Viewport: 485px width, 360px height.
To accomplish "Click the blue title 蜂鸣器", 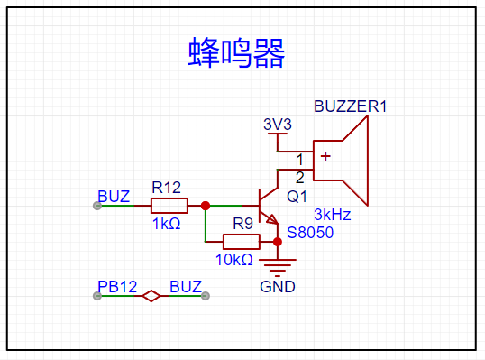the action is point(236,52).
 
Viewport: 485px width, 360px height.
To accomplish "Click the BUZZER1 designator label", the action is point(350,106).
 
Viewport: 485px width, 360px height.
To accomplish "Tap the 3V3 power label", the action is point(278,125).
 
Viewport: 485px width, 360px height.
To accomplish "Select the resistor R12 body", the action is point(169,206).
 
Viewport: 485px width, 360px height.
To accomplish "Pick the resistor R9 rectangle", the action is point(242,242).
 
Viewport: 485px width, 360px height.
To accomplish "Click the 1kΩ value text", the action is point(167,224).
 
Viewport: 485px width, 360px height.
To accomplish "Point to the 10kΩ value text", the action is point(234,260).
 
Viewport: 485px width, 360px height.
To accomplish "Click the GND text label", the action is point(278,287).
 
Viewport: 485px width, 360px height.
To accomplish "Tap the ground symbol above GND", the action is point(278,267).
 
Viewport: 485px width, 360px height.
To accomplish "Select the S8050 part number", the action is point(310,233).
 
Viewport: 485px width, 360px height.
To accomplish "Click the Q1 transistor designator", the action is point(297,197).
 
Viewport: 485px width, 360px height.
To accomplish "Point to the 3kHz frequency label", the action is point(333,215).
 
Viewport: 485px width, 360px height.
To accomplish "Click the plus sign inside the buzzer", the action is point(325,156).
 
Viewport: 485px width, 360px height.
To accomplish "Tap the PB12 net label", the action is point(117,287).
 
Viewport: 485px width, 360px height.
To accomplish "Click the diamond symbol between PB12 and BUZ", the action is point(151,296).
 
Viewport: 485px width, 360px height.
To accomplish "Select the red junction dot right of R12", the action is point(206,206).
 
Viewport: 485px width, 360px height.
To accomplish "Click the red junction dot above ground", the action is point(278,242).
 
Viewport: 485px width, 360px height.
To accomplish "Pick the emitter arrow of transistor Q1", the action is point(272,219).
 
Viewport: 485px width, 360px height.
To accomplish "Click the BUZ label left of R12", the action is point(114,197).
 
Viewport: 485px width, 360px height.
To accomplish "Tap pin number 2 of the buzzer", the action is point(299,178).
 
